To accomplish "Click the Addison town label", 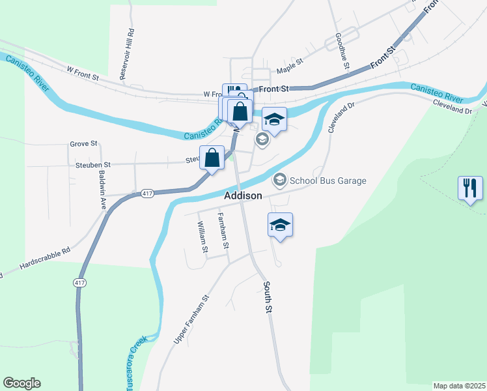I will click(243, 195).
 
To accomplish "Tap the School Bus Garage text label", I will click(328, 181).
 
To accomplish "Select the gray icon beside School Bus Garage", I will click(280, 179).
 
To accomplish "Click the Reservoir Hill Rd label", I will click(126, 53).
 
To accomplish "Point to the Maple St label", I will click(290, 65).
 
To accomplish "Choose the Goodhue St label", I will click(342, 52).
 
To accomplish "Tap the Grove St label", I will click(83, 143).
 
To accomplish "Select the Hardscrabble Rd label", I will click(44, 261).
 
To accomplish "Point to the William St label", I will click(202, 237).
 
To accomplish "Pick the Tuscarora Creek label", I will click(134, 363).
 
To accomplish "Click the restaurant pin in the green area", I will click(469, 188).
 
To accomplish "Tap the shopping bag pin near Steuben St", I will click(212, 158).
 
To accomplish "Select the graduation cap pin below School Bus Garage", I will click(280, 225).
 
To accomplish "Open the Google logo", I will click(21, 383).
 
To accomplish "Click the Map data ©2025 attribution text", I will click(458, 386).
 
